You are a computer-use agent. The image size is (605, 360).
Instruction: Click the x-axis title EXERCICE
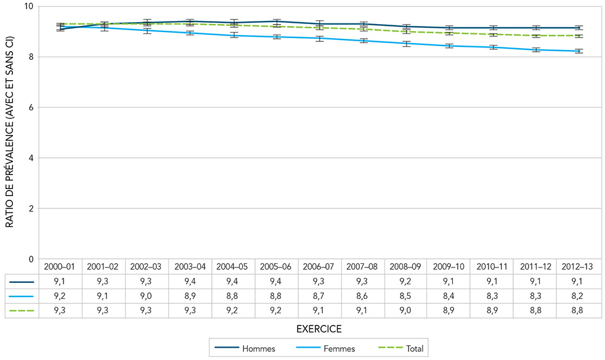point(319,329)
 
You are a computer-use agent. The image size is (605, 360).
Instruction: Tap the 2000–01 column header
point(60,267)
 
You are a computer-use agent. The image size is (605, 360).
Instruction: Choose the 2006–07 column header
point(320,267)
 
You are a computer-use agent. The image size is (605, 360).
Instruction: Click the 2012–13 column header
point(579,267)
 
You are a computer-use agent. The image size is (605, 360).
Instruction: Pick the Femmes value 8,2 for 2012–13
point(579,297)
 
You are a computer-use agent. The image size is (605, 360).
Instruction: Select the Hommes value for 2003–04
point(190,282)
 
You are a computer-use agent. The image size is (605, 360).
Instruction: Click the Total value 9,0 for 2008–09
point(406,311)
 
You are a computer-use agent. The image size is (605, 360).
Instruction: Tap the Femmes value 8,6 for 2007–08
point(363,297)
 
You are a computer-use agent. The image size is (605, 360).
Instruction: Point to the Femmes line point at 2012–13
point(579,51)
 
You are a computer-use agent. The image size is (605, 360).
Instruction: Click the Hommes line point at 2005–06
point(277,22)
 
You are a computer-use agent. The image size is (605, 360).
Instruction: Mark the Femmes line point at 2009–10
point(449,46)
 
